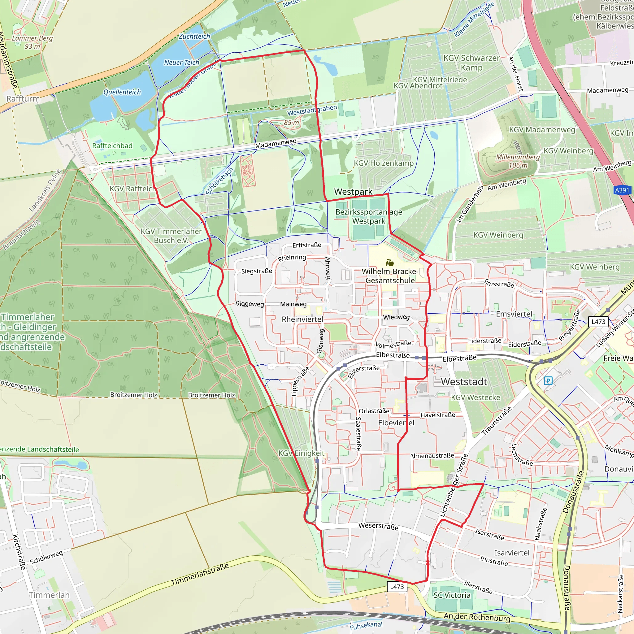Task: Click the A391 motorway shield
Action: [622, 190]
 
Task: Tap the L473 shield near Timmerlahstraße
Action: [397, 586]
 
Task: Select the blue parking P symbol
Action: [548, 381]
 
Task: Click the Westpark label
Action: [353, 192]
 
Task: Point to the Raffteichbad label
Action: [112, 146]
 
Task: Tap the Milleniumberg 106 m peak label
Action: [518, 161]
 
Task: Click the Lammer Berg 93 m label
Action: [32, 42]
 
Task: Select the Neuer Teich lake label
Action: [181, 62]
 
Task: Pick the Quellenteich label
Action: [122, 92]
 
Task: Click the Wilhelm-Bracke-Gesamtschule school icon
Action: [389, 263]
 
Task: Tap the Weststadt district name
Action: [464, 381]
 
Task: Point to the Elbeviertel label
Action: [396, 423]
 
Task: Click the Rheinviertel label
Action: [302, 319]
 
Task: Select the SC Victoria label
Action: [452, 595]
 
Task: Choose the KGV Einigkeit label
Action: [301, 453]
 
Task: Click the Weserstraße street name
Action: [378, 526]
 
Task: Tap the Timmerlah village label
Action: [49, 595]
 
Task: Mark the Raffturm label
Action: [23, 99]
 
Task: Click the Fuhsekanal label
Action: [366, 625]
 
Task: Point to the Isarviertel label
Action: [512, 553]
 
